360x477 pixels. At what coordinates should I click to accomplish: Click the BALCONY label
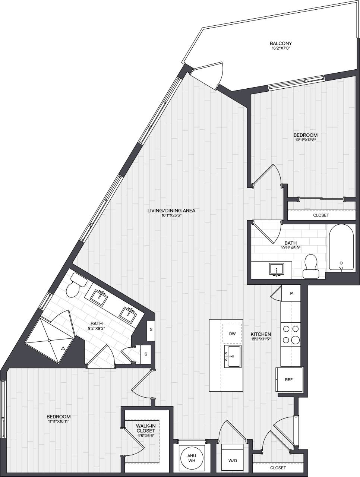pyautogui.click(x=281, y=43)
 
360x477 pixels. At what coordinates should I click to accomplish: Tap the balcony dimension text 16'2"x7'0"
pyautogui.click(x=281, y=48)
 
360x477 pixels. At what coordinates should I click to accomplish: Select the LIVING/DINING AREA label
pyautogui.click(x=171, y=211)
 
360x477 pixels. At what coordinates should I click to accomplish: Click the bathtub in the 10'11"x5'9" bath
pyautogui.click(x=341, y=248)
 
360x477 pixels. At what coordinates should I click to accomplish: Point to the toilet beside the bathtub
pyautogui.click(x=311, y=266)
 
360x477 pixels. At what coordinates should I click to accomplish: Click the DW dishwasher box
pyautogui.click(x=232, y=334)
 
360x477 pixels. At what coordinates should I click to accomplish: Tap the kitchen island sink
pyautogui.click(x=233, y=356)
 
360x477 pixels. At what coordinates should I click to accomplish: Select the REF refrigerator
pyautogui.click(x=289, y=380)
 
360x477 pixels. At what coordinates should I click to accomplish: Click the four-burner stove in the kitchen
pyautogui.click(x=290, y=334)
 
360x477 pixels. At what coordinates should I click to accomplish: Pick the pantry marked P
pyautogui.click(x=291, y=294)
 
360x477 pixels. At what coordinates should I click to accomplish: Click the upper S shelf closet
pyautogui.click(x=151, y=330)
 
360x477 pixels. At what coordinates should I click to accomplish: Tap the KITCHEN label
pyautogui.click(x=260, y=334)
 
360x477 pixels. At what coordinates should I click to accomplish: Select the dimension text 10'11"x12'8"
pyautogui.click(x=305, y=140)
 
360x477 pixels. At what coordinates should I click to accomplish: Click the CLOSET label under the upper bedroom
pyautogui.click(x=321, y=215)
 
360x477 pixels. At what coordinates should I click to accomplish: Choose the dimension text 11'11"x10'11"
pyautogui.click(x=59, y=421)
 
